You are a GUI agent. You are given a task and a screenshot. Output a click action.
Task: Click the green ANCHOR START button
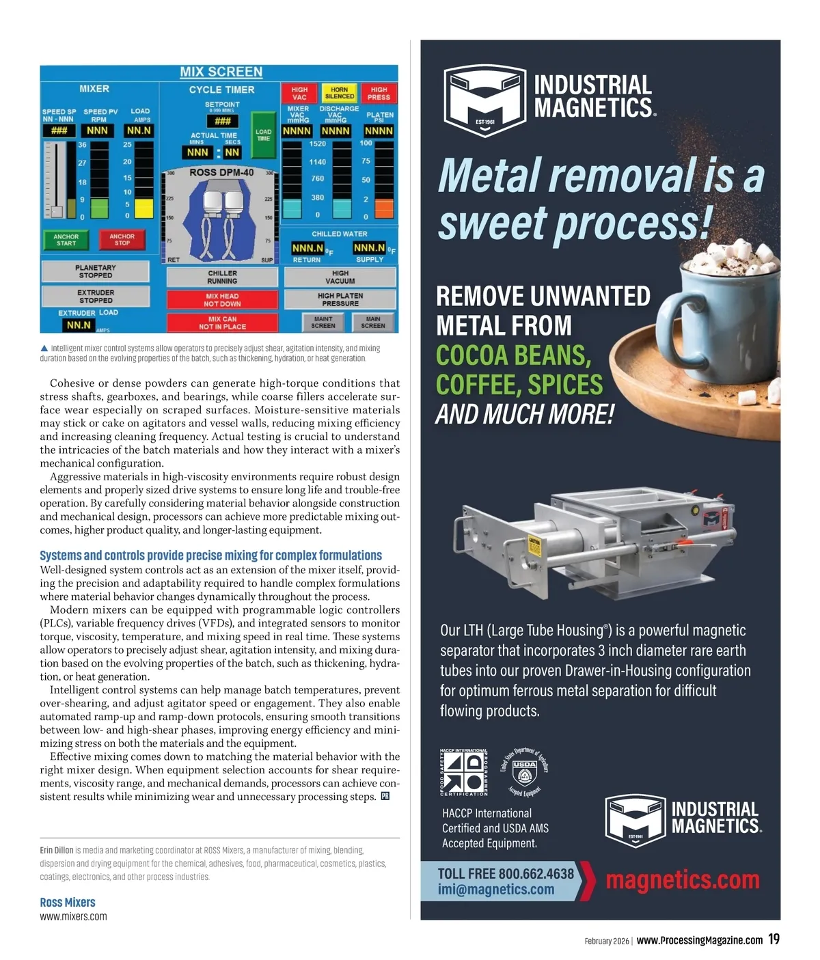[66, 240]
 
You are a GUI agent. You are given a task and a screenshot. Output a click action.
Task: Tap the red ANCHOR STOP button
[122, 240]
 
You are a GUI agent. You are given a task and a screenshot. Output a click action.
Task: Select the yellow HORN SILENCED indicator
[339, 93]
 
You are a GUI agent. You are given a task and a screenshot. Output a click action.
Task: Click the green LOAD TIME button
[263, 135]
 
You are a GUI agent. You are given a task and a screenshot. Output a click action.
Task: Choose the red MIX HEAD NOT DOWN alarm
[222, 300]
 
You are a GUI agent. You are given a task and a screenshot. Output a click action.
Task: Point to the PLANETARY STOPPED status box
[96, 271]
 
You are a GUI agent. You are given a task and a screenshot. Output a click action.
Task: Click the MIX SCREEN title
[221, 72]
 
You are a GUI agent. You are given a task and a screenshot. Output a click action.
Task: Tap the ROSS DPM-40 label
[221, 173]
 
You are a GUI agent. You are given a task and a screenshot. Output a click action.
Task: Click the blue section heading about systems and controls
[210, 556]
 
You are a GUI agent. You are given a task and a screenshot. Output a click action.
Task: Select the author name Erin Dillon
[57, 851]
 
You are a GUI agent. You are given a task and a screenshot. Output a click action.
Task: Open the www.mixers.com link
[73, 917]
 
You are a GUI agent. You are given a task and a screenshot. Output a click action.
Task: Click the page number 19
[774, 940]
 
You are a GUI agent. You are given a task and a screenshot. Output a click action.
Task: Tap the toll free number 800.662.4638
[536, 874]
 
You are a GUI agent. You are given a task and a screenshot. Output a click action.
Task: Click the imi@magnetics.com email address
[496, 890]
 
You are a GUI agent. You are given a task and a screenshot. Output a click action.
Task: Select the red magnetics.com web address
[683, 880]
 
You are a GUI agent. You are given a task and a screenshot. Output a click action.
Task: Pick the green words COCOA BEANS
[513, 355]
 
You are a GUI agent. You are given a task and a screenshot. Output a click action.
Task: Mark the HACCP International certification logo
[464, 773]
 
